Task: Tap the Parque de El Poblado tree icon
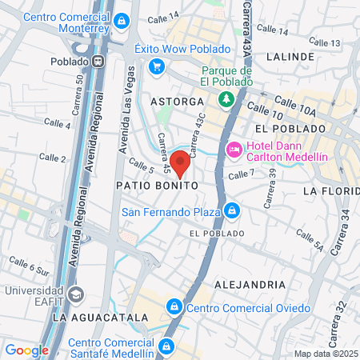pyautogui.click(x=226, y=99)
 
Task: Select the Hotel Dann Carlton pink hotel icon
pyautogui.click(x=234, y=149)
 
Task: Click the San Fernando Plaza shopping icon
pyautogui.click(x=231, y=211)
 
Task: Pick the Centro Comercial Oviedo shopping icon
pyautogui.click(x=174, y=307)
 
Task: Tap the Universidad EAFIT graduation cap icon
pyautogui.click(x=75, y=294)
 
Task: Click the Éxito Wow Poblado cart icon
pyautogui.click(x=157, y=66)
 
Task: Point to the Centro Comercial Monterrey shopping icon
pyautogui.click(x=122, y=22)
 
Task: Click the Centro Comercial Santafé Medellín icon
pyautogui.click(x=166, y=346)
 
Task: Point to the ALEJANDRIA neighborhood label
pyautogui.click(x=250, y=284)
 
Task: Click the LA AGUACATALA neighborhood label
pyautogui.click(x=99, y=318)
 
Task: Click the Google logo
pyautogui.click(x=27, y=350)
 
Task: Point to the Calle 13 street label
pyautogui.click(x=325, y=42)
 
